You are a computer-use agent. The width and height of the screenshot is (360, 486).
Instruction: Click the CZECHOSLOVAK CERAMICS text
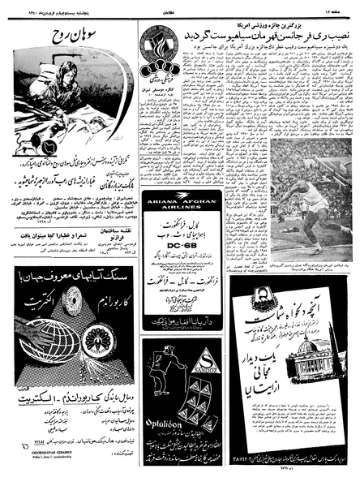[x=47, y=470]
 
